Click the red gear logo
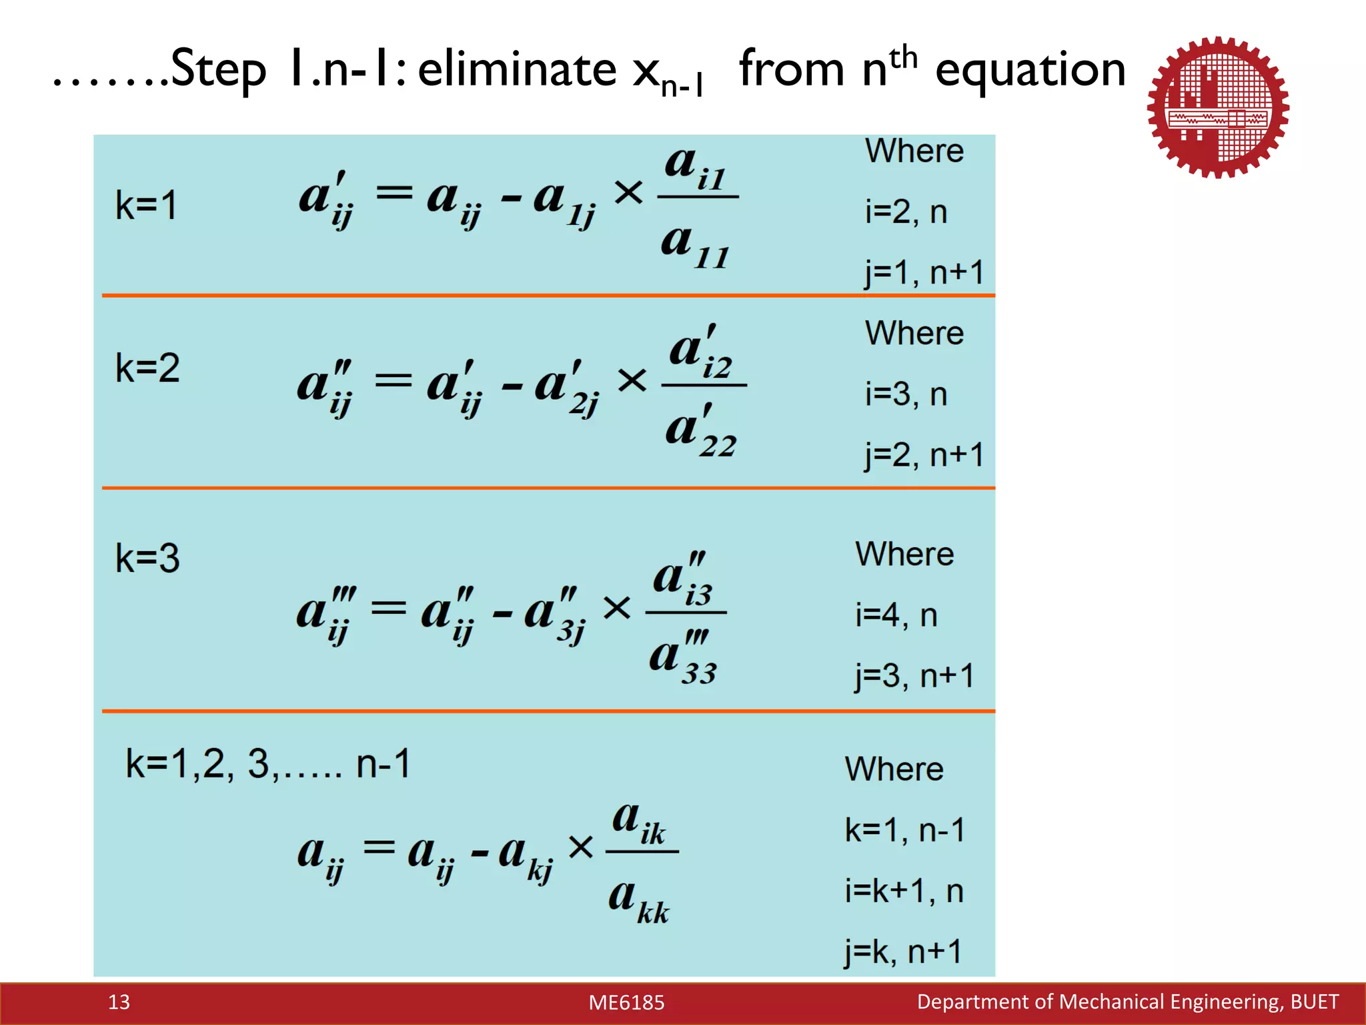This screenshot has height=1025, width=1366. coord(1218,107)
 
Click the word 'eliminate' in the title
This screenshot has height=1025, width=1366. coord(517,69)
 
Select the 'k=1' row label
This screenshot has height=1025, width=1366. coord(146,205)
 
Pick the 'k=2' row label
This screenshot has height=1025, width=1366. coord(147,368)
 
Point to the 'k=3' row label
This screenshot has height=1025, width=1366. coord(147,558)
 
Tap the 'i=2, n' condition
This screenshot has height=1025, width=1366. coord(906,212)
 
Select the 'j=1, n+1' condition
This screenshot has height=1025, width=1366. coord(924,273)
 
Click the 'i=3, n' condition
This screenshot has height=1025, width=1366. coord(906,394)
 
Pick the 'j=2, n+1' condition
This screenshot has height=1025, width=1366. coord(924,455)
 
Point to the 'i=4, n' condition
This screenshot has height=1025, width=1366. coord(896,615)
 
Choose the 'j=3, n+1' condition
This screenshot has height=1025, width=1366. coord(914,676)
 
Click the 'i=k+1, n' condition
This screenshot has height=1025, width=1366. coord(904,891)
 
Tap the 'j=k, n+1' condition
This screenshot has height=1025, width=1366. coord(902,952)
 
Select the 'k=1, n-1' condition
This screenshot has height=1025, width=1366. coord(904,830)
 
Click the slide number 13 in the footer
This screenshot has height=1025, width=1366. coord(119,1002)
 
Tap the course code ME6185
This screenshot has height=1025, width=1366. coord(626,1002)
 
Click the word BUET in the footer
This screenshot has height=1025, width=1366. coord(1314,1002)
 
